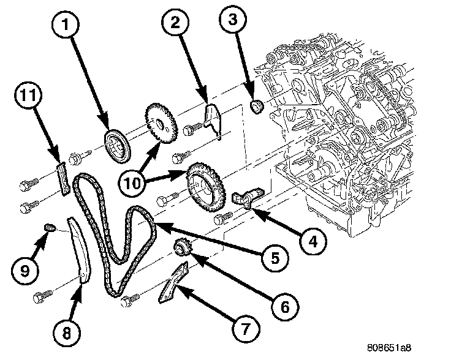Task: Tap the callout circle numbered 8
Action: click(x=66, y=332)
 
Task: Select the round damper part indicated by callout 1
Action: click(x=115, y=144)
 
